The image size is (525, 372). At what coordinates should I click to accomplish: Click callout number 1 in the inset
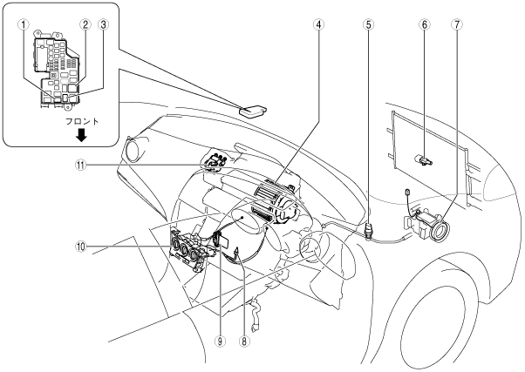coord(23,24)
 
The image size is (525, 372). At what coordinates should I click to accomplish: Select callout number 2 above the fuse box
coord(85,24)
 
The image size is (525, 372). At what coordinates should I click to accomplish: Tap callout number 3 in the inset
coord(103,24)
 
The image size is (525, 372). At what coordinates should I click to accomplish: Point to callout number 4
coord(319,24)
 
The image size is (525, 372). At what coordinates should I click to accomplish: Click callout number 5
coord(368,24)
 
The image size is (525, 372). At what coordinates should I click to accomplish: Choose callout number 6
coord(424,24)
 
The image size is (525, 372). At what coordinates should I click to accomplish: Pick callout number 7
coord(457,24)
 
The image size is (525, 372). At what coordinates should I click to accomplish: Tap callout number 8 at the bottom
coord(244,341)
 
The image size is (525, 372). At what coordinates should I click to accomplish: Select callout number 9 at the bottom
coord(220,341)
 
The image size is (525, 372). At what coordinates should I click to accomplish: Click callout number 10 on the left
coord(81,247)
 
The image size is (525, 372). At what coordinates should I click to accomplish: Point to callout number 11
coord(81,165)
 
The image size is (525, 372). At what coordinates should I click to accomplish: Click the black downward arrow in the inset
coord(81,136)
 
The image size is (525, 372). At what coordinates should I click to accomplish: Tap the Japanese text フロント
coord(82,121)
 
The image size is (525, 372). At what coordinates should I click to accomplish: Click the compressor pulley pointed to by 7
coord(440,231)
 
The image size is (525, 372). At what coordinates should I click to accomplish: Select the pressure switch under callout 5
coord(368,230)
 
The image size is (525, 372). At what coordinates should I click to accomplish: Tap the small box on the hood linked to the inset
coord(253,112)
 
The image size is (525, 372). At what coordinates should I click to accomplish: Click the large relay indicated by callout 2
coord(74,88)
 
